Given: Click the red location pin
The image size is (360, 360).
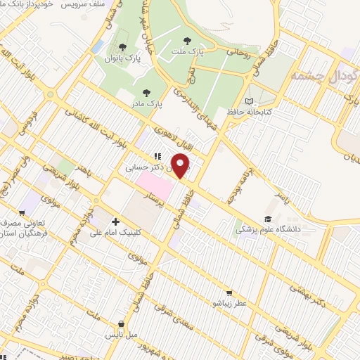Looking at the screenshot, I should pos(182,167).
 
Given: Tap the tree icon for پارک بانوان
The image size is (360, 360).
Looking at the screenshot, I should pos(122,47).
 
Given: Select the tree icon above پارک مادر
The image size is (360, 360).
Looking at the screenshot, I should pos(146,92).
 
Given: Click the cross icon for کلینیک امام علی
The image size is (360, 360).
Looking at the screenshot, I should pos(115,221).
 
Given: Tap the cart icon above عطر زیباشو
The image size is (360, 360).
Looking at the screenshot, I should pos(228,293).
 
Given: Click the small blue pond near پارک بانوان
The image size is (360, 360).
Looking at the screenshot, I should pos(98,47).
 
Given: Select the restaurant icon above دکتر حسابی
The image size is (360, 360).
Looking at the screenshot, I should pos(156,157).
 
